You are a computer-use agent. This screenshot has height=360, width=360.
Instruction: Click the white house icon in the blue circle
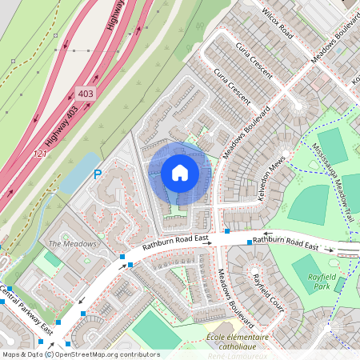[180, 173]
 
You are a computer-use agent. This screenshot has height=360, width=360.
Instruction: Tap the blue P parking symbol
[98, 174]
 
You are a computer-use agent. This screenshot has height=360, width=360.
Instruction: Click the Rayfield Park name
[312, 281]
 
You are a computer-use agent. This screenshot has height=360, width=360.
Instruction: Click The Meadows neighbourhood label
[72, 243]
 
